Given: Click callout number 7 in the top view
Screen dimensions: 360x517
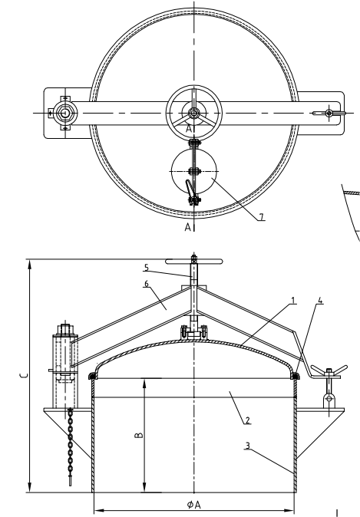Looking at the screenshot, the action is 262,216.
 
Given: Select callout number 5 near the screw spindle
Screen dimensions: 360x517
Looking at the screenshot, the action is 147,268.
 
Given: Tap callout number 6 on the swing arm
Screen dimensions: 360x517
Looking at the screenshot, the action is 147,284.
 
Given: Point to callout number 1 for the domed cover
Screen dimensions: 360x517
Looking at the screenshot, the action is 292,301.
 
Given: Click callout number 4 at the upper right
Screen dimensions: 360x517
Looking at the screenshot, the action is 320,301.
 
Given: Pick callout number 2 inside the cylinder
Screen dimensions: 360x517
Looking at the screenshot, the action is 247,420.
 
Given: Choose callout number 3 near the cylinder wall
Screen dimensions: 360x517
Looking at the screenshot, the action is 247,446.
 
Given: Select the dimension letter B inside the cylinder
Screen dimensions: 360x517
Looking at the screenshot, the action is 140,435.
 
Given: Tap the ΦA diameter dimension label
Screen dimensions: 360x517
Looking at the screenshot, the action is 193,505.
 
